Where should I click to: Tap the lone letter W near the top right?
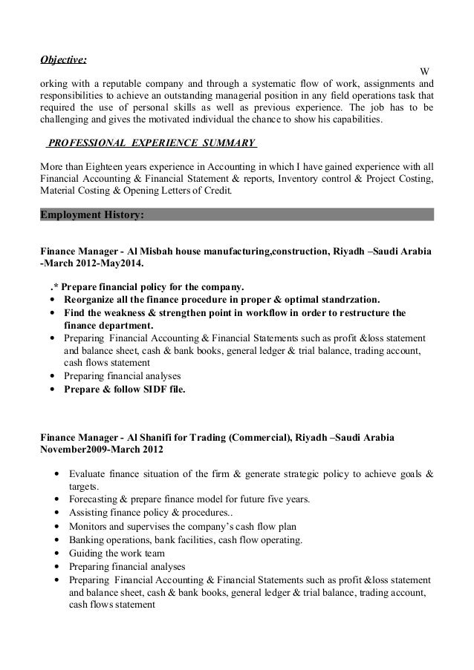pos(425,71)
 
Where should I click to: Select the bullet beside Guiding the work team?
pos(57,554)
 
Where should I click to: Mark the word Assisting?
pos(90,512)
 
